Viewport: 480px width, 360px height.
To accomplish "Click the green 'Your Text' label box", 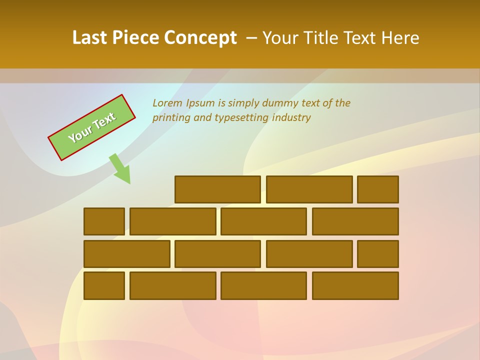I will tap(92, 127).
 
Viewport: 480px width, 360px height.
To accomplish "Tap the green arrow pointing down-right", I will tap(120, 168).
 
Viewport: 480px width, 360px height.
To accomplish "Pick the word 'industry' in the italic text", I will tap(291, 117).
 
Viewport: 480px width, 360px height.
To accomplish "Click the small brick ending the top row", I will tap(377, 189).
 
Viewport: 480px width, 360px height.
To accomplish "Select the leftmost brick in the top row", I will tap(217, 189).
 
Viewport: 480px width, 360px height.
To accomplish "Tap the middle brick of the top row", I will tap(309, 189).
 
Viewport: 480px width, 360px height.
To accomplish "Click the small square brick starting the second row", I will tap(104, 221).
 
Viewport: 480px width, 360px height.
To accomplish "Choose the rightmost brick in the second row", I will tap(355, 221).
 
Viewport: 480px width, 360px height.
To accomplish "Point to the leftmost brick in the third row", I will tap(126, 253).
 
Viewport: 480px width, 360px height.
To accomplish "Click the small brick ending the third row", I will tap(377, 253).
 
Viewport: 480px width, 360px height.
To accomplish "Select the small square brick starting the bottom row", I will tap(104, 285).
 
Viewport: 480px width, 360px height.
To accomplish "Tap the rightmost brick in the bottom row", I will tap(355, 285).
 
